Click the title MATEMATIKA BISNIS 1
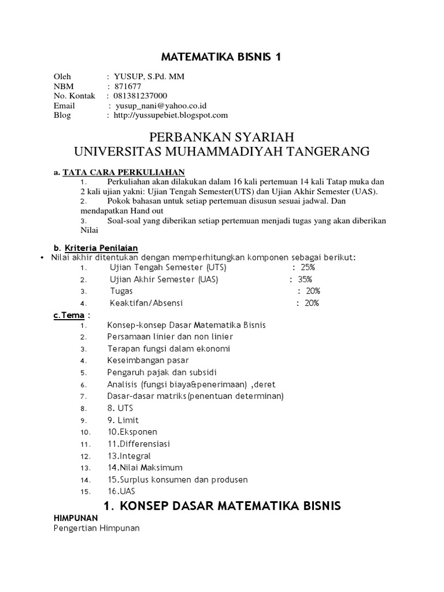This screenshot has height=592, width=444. [222, 57]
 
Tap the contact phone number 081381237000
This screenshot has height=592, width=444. [141, 95]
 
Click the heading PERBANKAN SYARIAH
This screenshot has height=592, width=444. [222, 137]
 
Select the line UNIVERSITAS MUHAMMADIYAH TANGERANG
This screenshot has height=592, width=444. [222, 151]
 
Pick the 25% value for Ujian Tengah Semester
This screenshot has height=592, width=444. [306, 268]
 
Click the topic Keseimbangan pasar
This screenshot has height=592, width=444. [147, 360]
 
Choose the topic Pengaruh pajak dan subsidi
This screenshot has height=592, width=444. [162, 372]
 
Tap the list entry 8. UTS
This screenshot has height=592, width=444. [120, 408]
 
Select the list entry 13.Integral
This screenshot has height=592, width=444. [128, 456]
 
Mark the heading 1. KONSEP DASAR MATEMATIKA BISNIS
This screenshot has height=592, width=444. [222, 506]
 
